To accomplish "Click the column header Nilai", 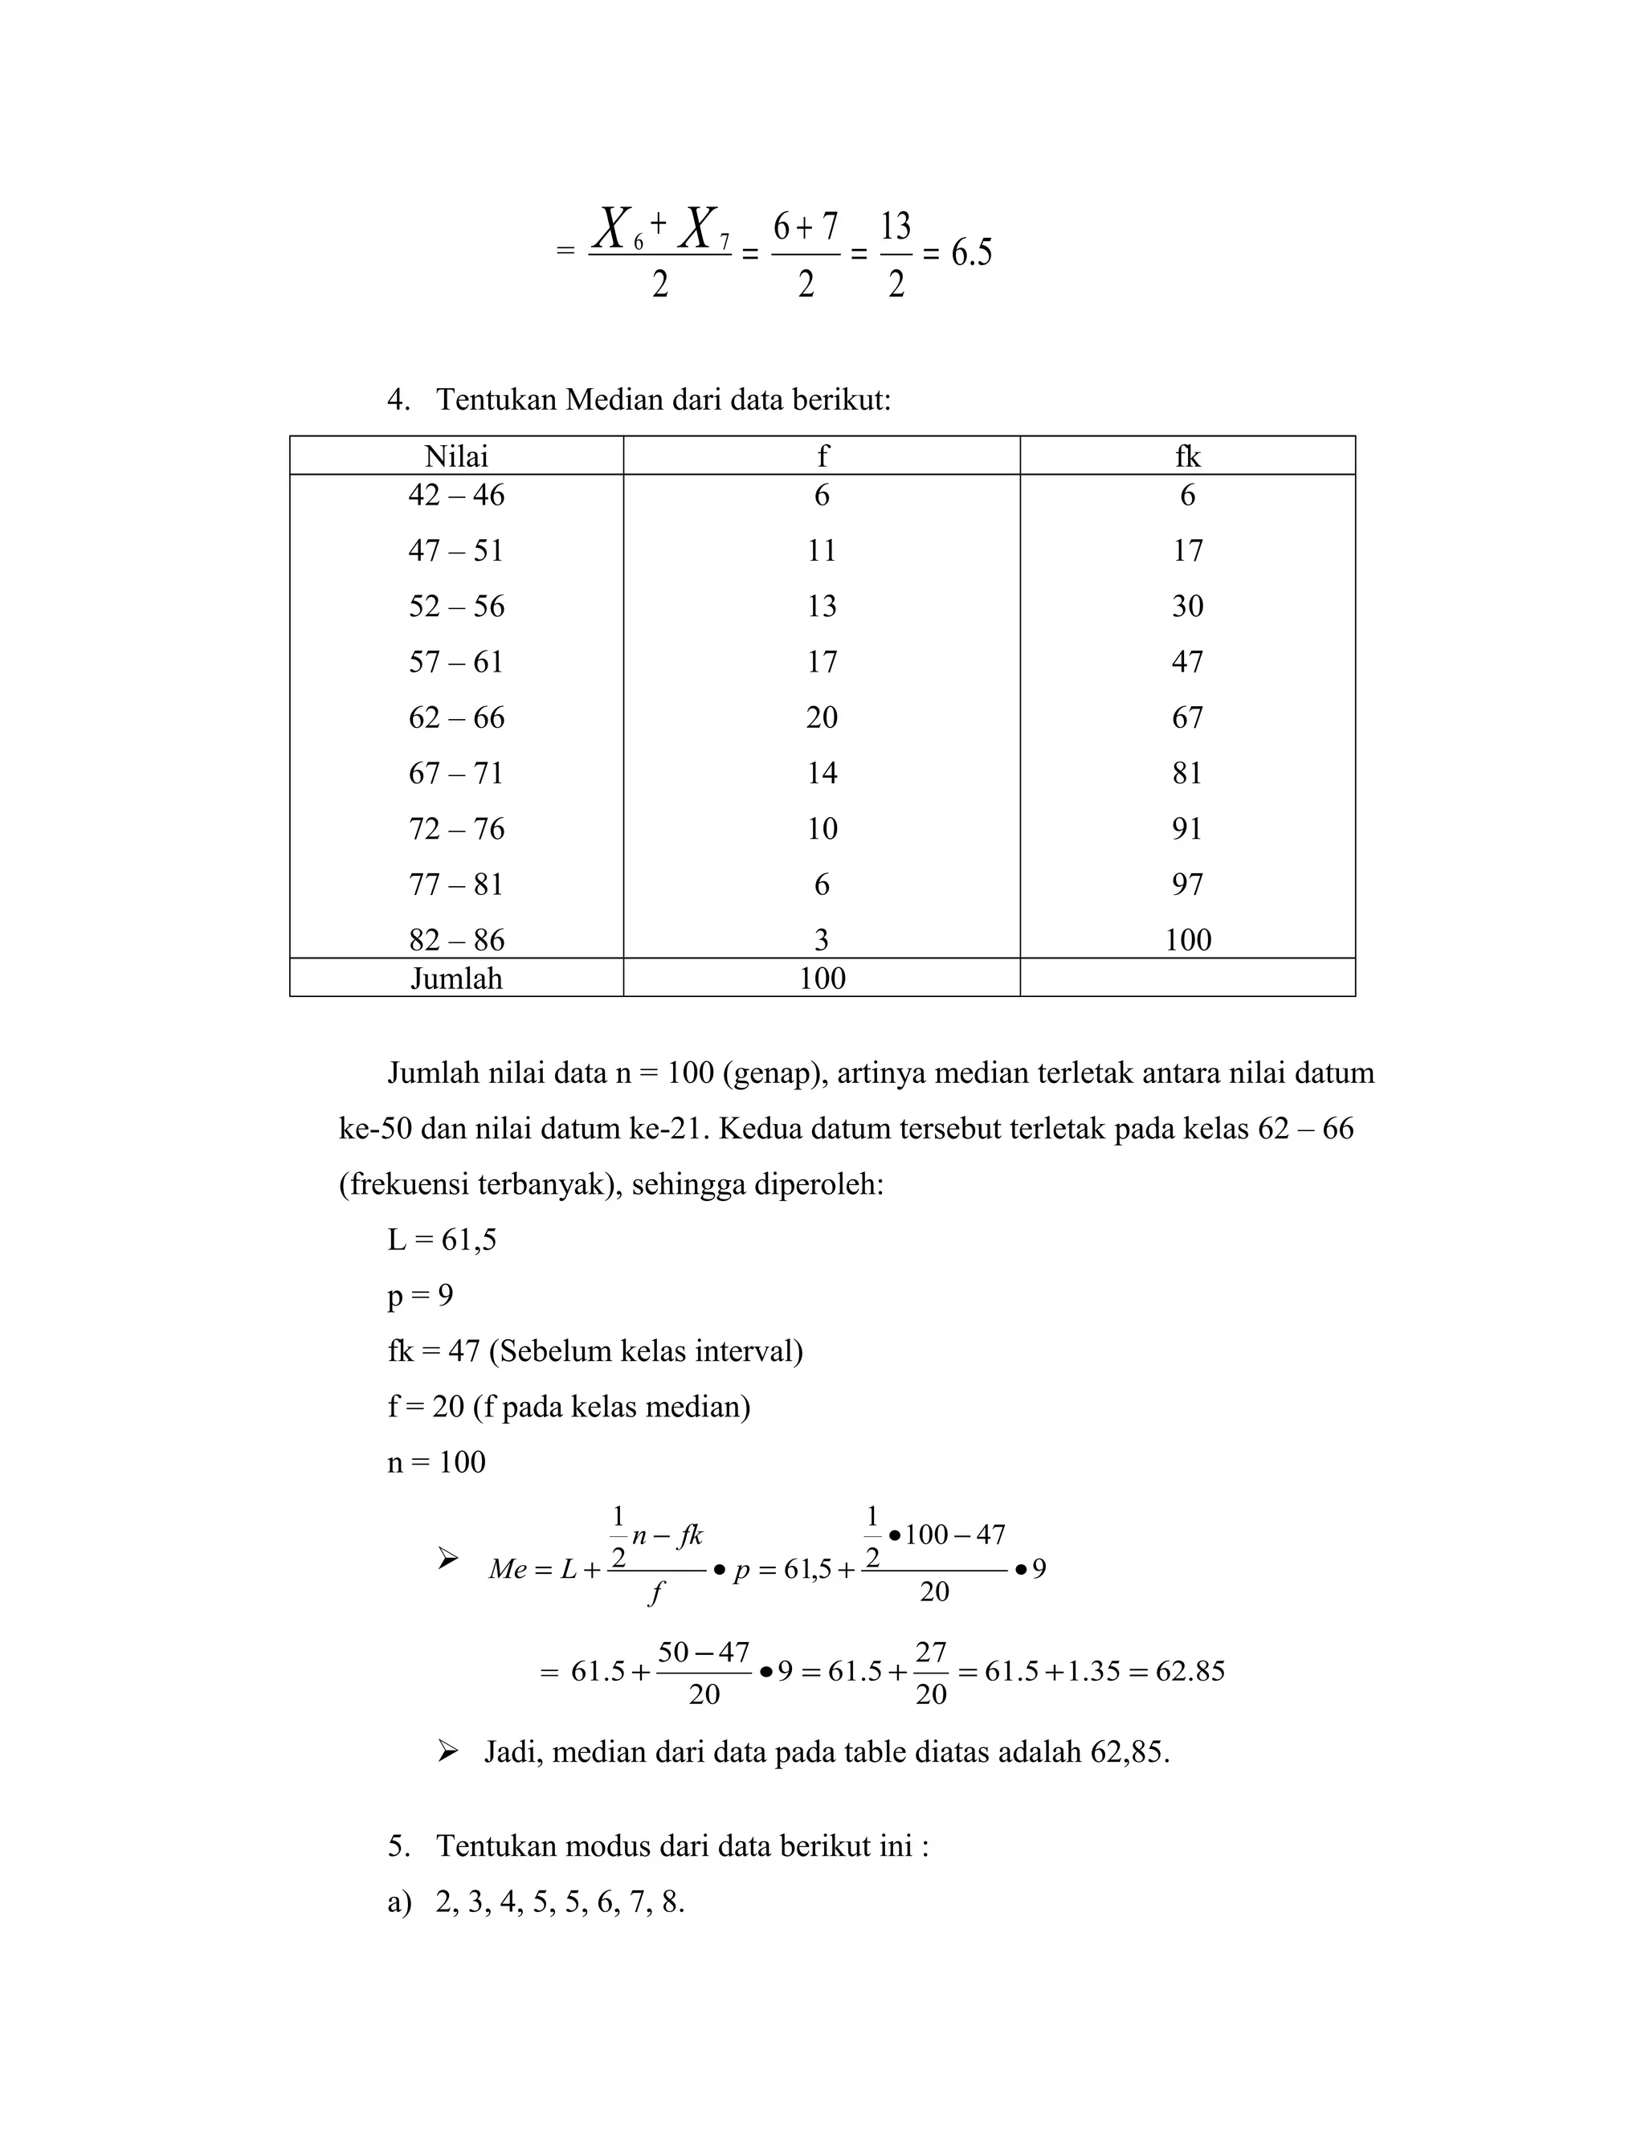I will coord(456,456).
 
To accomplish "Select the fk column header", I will coord(1187,456).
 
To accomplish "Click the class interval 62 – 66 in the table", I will coord(456,717).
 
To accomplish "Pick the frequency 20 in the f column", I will coord(822,717).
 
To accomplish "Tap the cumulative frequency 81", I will coord(1187,773).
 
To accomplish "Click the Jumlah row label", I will coord(456,978).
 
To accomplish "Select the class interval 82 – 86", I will coord(456,940).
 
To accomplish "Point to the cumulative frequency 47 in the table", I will coord(1187,662).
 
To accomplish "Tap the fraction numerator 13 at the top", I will coord(896,227).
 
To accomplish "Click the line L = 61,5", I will coord(442,1240).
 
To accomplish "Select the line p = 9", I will coord(420,1296).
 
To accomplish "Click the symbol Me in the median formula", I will coord(507,1568).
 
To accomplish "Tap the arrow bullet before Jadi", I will coord(447,1751).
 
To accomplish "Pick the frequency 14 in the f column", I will coord(822,773).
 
